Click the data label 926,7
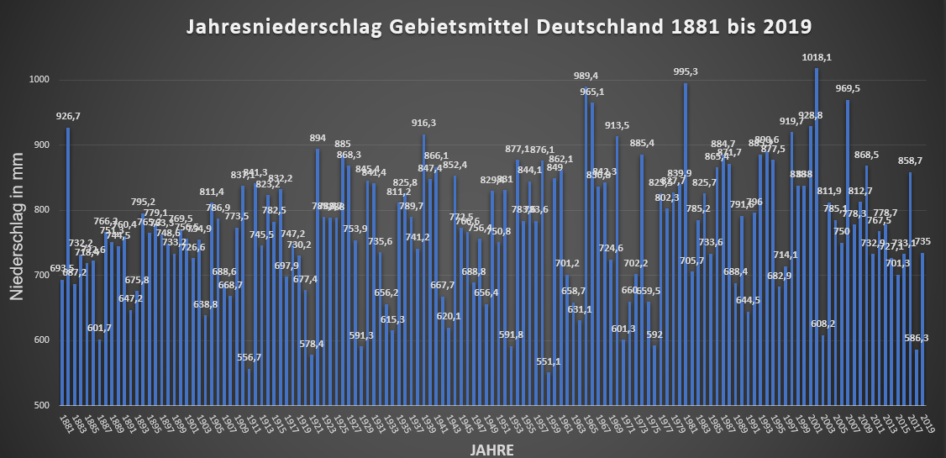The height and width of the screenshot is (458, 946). tap(68, 116)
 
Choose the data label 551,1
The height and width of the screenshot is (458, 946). tap(549, 361)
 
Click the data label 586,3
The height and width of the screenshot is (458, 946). tap(917, 338)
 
